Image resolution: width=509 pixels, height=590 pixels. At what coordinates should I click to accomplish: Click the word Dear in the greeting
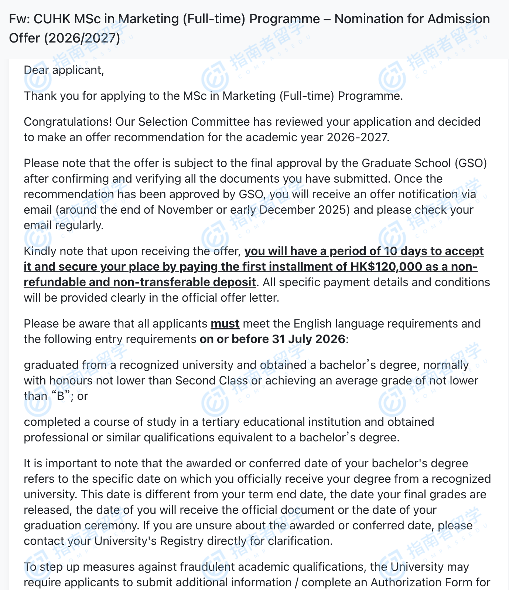click(36, 70)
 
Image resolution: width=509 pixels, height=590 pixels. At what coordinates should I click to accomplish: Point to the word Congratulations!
click(68, 122)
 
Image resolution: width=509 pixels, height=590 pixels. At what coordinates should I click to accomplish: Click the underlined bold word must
click(225, 323)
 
